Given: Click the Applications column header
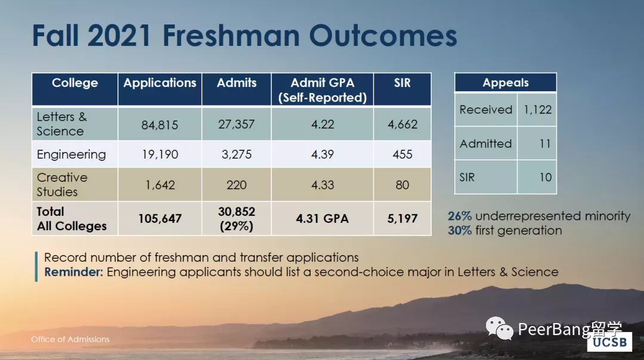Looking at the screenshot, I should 160,83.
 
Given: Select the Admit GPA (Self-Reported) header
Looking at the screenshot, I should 322,90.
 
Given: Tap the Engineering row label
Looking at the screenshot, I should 71,154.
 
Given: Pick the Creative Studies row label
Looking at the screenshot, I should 62,184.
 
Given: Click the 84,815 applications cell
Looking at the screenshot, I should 160,125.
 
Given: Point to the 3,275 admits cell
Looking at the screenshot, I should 236,154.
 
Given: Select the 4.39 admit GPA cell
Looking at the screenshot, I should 323,154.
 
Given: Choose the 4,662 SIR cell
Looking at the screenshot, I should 402,125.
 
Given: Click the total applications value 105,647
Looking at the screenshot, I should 160,219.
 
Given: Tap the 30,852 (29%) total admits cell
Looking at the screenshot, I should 236,219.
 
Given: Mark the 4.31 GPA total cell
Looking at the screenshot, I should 323,219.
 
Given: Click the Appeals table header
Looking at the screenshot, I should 506,83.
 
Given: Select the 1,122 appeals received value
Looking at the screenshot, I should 537,110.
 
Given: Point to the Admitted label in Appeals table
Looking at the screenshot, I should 485,144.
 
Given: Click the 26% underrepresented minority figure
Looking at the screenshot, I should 460,216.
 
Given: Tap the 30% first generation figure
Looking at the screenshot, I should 460,230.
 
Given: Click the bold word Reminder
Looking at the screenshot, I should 75,272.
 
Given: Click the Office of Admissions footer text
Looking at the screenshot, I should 70,339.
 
